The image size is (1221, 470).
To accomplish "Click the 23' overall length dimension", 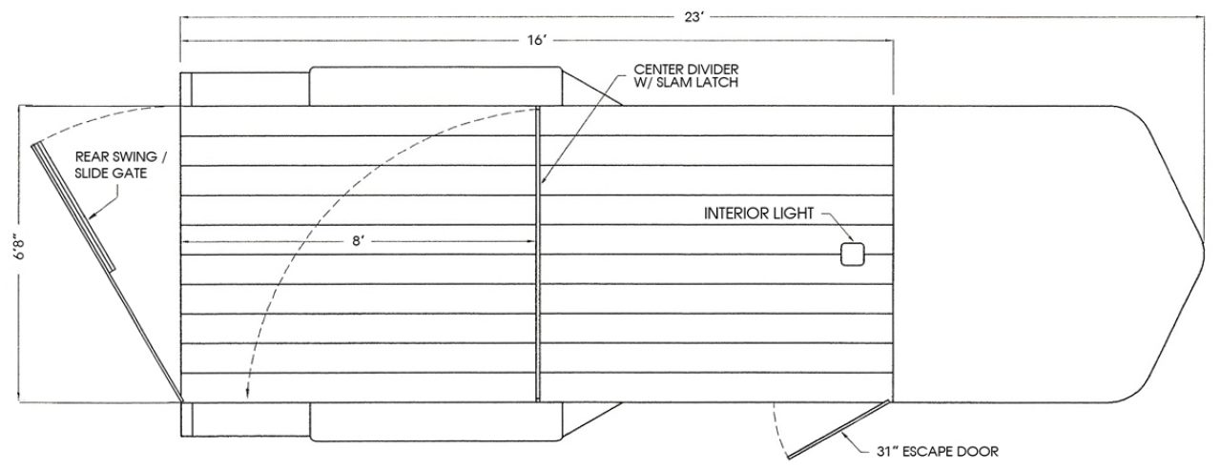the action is click(694, 17).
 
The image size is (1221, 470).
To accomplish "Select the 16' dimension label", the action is click(537, 41).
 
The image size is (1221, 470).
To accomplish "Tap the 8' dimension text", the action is click(358, 241).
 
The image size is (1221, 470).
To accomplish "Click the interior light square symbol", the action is click(853, 255).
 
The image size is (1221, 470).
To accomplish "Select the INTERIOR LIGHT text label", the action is click(758, 214).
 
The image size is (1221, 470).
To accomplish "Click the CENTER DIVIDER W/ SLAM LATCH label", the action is click(686, 76).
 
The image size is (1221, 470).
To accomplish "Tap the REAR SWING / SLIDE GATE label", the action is click(120, 165).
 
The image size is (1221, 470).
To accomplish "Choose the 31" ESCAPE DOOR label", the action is click(938, 452).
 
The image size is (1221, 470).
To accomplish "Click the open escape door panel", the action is click(838, 429).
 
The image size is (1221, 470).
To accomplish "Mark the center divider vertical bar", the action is click(538, 255).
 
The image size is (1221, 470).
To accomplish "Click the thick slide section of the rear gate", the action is click(73, 207).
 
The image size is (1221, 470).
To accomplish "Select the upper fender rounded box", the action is click(436, 86).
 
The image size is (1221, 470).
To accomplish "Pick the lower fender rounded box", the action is click(436, 421).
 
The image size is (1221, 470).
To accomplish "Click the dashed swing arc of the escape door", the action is click(776, 431).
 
